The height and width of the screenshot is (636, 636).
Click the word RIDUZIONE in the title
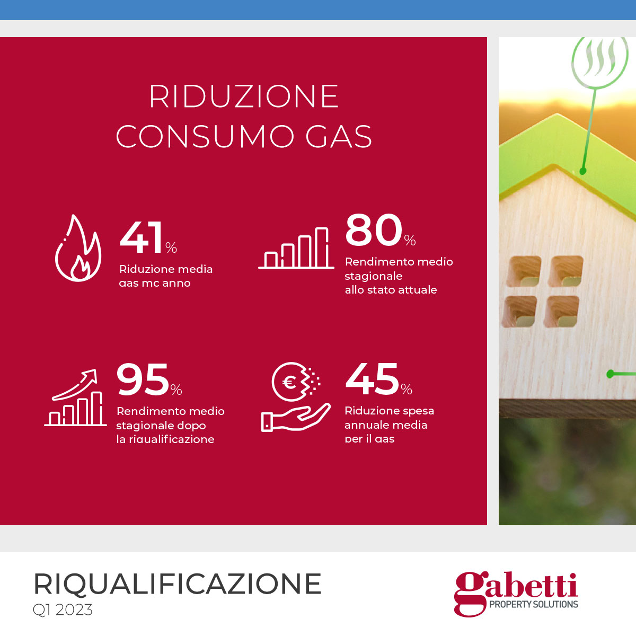click(x=244, y=96)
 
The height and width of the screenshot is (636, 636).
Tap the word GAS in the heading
click(x=339, y=136)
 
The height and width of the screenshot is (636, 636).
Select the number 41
click(x=142, y=237)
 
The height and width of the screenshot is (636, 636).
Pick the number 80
click(x=374, y=229)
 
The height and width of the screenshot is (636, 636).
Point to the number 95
click(x=143, y=379)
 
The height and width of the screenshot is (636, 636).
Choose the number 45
click(x=372, y=379)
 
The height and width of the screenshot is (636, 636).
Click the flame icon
click(x=78, y=248)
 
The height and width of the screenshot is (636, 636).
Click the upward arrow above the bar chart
click(x=75, y=384)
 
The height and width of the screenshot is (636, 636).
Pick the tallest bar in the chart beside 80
click(x=322, y=247)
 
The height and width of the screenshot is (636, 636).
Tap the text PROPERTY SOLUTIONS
click(x=533, y=604)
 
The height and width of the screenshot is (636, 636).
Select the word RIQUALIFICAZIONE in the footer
click(x=177, y=584)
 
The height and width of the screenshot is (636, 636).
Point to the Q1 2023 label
click(x=63, y=609)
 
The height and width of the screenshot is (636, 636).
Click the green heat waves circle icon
click(x=599, y=61)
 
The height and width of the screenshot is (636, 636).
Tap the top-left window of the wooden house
click(x=524, y=271)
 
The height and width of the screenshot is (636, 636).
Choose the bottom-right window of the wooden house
click(x=561, y=312)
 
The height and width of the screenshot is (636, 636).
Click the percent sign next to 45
click(x=407, y=389)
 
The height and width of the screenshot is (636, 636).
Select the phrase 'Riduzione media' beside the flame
click(x=166, y=269)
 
